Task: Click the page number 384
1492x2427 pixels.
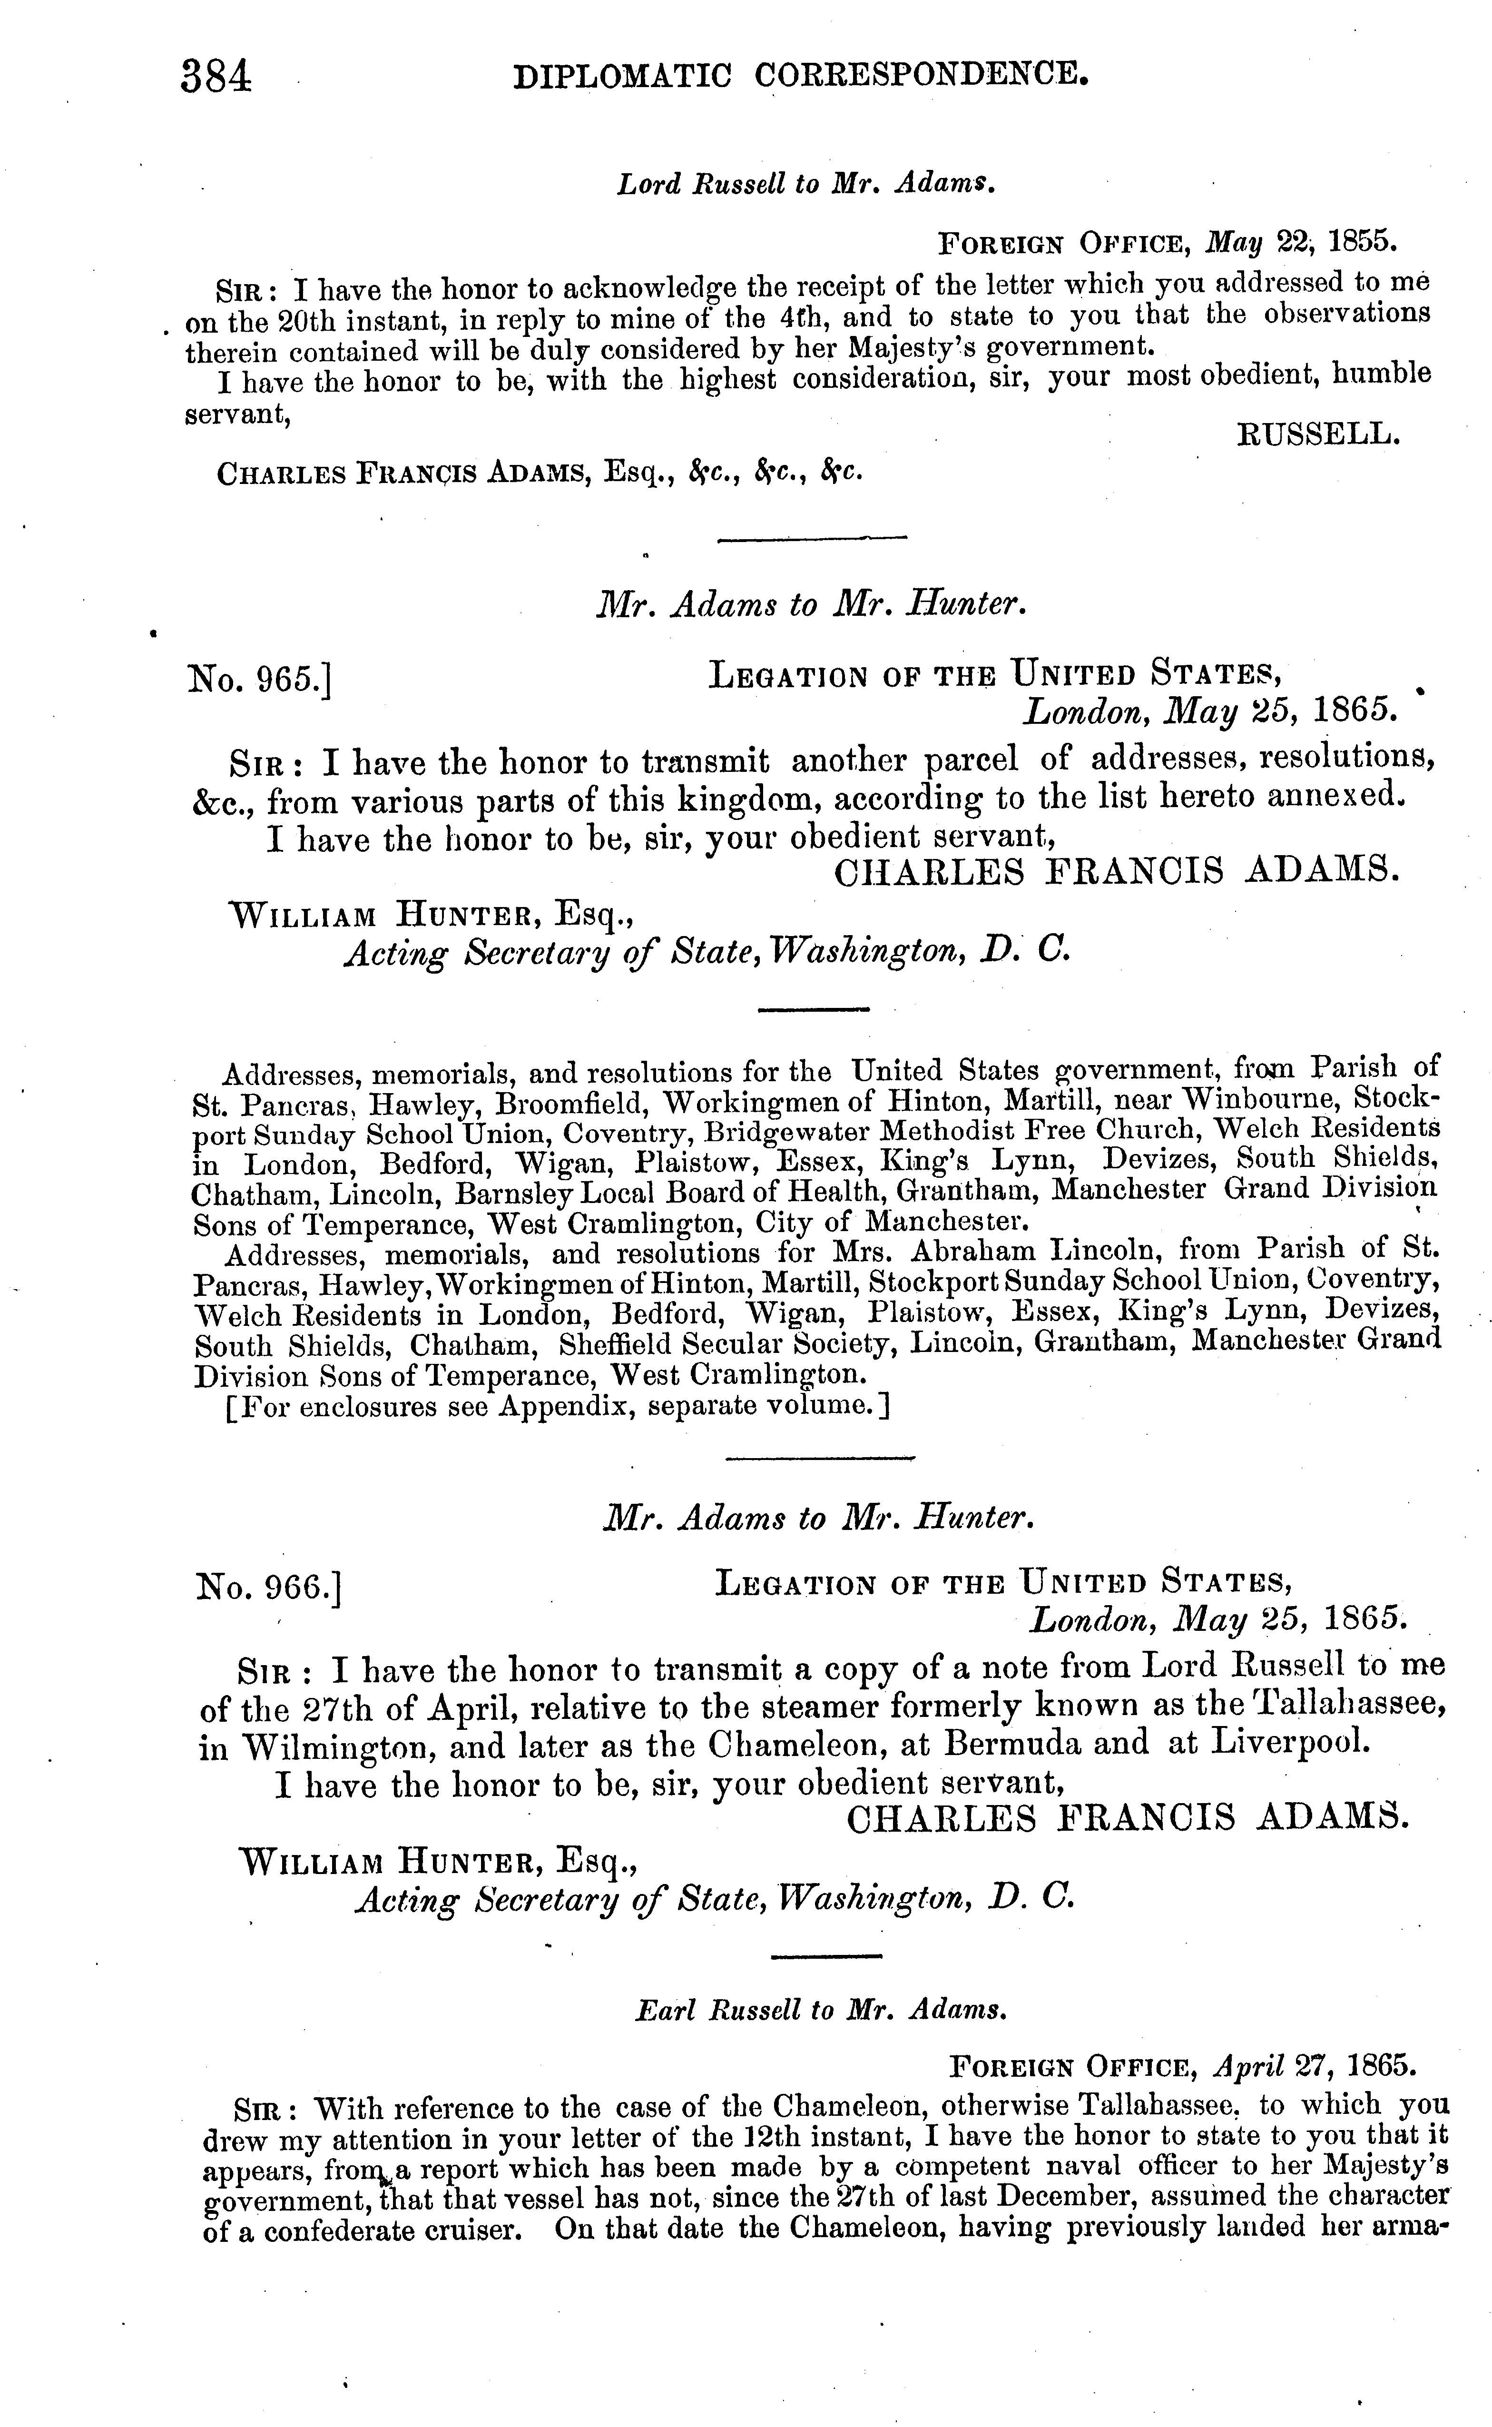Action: [216, 76]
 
